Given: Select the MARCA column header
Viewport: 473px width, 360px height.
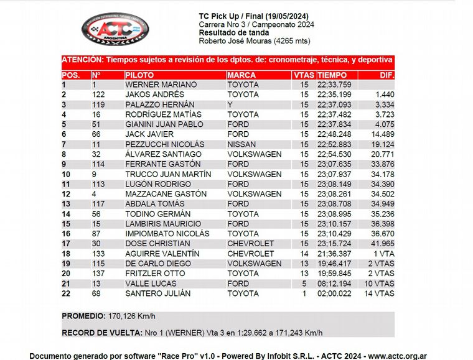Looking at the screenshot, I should coord(241,75).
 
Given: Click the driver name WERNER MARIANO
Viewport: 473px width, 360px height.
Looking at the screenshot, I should coord(161,85).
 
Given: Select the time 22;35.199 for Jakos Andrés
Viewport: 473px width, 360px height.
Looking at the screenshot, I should coord(334,95).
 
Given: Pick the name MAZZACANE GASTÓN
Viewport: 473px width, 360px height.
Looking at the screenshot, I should coord(166,194).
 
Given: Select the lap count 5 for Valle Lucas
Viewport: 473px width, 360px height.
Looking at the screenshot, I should coord(305,284).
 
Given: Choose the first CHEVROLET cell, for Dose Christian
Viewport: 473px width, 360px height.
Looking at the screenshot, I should coord(250,244).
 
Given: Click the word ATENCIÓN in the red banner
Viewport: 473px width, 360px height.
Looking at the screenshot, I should coord(81,60).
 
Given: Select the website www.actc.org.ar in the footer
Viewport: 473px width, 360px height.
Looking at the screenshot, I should coord(396,356).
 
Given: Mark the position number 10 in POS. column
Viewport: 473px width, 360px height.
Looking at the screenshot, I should coord(67,174).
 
